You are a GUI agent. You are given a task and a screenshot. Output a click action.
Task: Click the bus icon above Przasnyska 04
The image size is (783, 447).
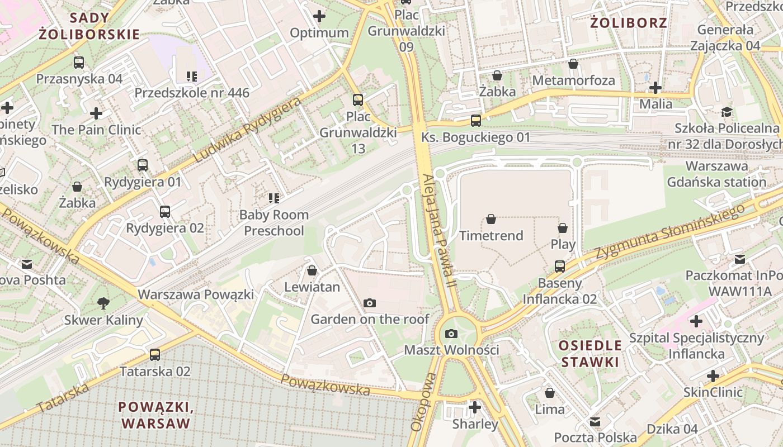[x=79, y=63]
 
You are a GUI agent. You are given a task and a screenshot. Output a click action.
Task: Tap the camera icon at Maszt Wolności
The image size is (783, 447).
[x=451, y=334]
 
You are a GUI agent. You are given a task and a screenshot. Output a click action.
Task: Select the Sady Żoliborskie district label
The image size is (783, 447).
[x=89, y=26]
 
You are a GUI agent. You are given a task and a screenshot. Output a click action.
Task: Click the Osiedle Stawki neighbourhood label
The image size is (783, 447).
[x=590, y=353]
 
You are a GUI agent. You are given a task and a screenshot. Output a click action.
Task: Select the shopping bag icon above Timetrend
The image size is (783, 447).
[x=491, y=219]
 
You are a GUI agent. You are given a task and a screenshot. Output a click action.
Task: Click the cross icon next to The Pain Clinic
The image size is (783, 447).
[x=96, y=113]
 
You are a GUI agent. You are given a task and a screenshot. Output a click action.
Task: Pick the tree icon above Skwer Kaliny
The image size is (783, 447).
[x=103, y=303]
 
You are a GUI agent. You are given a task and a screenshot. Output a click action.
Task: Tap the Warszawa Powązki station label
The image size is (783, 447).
[x=196, y=294]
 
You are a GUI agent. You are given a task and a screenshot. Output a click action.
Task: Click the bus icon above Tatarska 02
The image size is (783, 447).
[x=155, y=355]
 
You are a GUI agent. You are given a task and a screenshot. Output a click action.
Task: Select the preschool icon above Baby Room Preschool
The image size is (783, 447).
[x=273, y=198]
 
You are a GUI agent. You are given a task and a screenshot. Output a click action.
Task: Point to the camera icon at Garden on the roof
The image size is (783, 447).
[x=369, y=303]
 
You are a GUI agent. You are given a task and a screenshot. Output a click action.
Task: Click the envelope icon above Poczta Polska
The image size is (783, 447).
[x=595, y=421]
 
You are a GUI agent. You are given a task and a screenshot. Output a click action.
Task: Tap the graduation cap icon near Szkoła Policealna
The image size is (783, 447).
[x=727, y=112]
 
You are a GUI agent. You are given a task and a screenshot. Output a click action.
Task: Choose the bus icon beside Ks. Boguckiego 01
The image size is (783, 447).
[x=475, y=121]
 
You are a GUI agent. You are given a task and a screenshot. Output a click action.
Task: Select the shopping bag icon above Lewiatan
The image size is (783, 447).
[x=312, y=271]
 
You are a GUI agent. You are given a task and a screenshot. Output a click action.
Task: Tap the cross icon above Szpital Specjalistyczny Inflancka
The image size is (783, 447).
[x=696, y=321]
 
